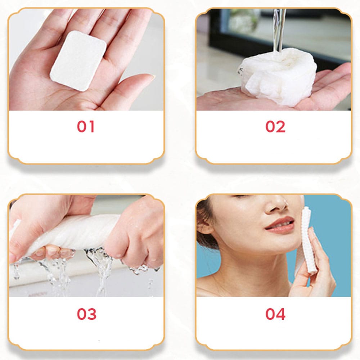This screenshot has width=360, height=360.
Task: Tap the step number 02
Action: [275, 127]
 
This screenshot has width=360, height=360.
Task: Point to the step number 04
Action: [275, 314]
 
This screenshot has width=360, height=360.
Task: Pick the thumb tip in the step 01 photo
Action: [146, 77]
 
